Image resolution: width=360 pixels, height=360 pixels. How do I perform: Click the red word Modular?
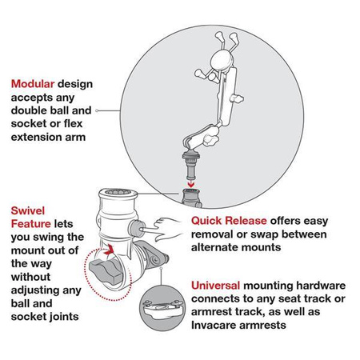coord(34,82)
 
